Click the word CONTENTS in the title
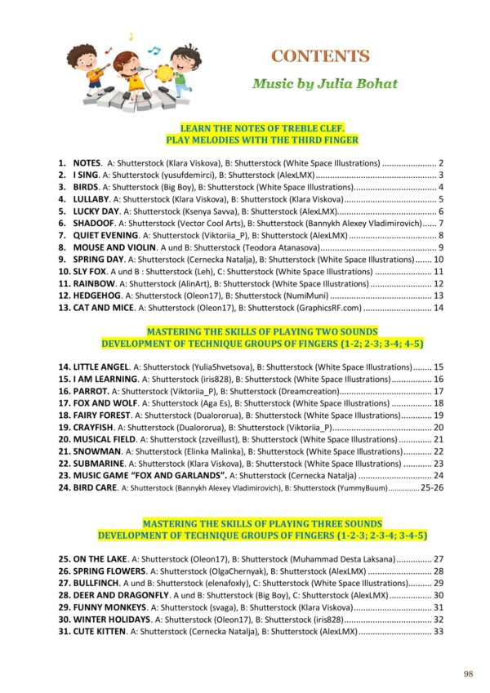click(x=320, y=56)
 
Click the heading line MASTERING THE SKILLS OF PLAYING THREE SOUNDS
click(x=261, y=523)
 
